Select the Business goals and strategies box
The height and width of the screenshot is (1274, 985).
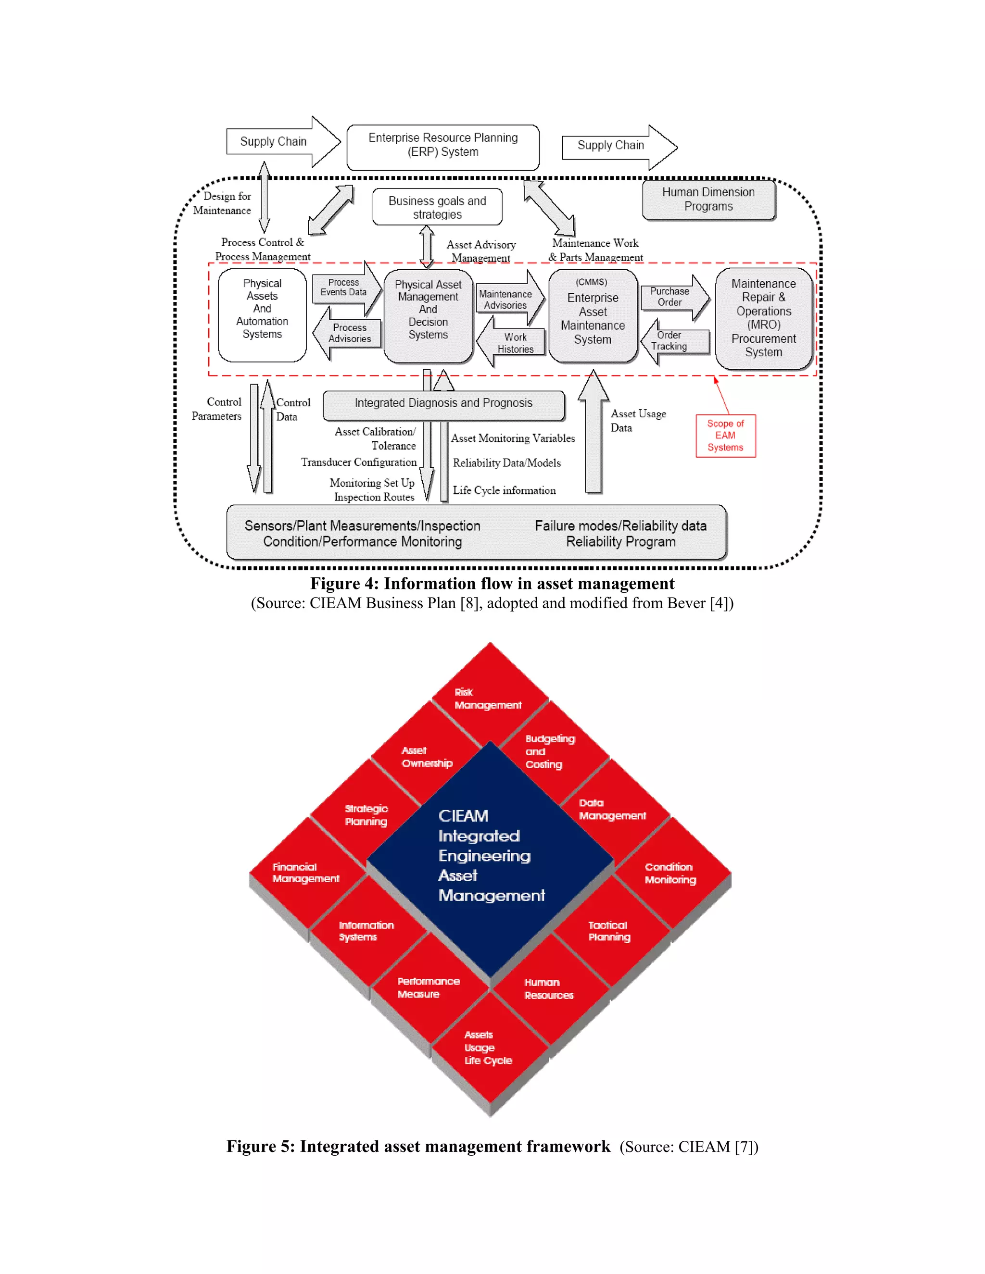[x=437, y=207]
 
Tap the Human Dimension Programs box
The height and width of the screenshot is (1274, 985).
[x=708, y=200]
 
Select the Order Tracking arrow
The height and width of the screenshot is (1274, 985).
[x=672, y=341]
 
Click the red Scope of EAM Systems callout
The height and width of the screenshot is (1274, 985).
[x=725, y=436]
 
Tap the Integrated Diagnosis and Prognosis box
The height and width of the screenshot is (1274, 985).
[x=443, y=404]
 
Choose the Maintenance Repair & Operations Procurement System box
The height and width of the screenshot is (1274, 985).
[x=763, y=318]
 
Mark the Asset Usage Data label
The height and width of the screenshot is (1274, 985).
[x=638, y=421]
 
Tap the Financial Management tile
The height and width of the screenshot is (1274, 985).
[x=306, y=873]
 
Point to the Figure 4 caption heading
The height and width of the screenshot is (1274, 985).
[x=492, y=584]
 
